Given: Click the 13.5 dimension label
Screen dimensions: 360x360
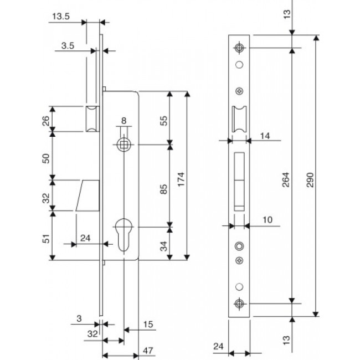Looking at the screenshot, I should tap(61, 17).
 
